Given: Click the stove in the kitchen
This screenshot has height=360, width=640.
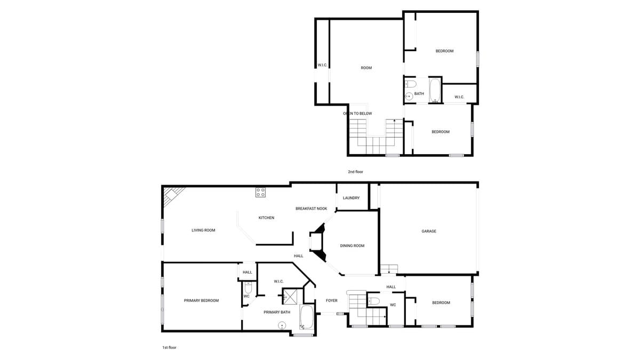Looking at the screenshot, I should point(260,193).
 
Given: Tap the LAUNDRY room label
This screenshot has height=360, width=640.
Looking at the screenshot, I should point(351,198).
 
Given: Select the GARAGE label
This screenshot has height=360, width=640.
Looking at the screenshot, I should point(429,231).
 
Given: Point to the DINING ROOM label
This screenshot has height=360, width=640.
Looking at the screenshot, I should point(352,246).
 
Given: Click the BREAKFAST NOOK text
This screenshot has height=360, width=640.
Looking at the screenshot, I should point(311,209).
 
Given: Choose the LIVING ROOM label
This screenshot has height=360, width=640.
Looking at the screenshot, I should point(203,230).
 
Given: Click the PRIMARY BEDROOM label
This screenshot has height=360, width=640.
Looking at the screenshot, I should point(201,301).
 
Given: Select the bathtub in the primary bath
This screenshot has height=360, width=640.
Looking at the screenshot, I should point(307,317).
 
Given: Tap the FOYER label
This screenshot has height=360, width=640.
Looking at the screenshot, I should point(332,301).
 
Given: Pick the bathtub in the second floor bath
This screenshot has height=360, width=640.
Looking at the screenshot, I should point(435,90).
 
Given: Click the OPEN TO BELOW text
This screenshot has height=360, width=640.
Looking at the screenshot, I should point(357,114).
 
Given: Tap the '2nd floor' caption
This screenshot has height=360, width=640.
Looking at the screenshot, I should point(355,172).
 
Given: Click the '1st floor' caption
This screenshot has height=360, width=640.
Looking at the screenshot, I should point(169,347).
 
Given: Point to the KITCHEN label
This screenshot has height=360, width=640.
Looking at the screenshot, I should point(266,218).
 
